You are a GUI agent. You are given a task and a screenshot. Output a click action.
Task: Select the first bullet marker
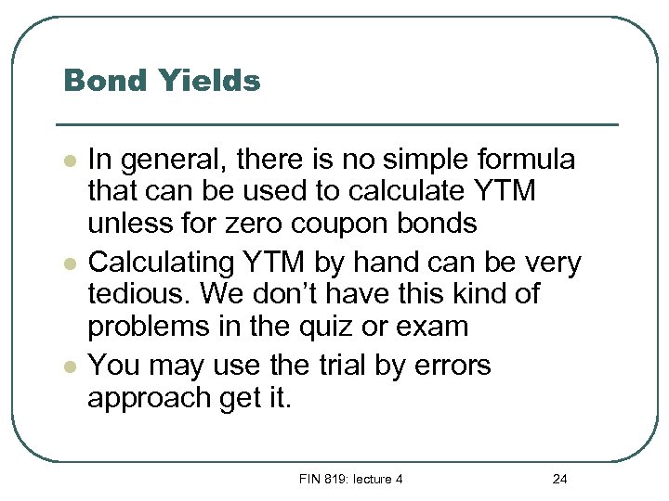[69, 161]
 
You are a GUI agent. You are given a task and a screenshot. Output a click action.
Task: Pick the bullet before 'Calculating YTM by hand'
[69, 263]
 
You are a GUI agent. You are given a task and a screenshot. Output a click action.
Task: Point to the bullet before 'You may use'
[69, 366]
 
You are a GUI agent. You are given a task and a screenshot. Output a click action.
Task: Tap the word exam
[430, 327]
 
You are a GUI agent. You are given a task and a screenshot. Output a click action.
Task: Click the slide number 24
[559, 479]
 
